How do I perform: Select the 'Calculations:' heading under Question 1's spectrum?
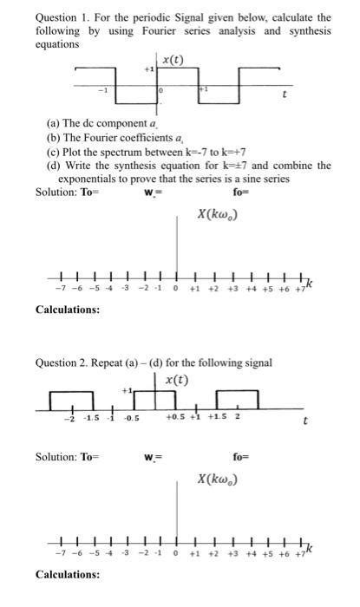pos(68,309)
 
